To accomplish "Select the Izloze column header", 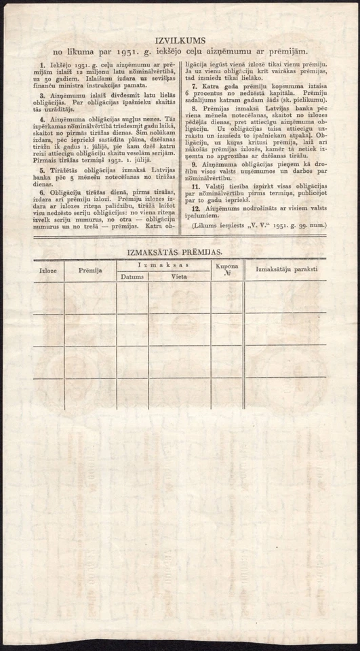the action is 48,271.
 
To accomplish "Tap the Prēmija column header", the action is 89,271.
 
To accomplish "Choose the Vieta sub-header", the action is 179,277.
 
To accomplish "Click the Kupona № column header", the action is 226,271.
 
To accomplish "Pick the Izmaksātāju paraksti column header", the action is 286,270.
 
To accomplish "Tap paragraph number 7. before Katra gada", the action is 195,87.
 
